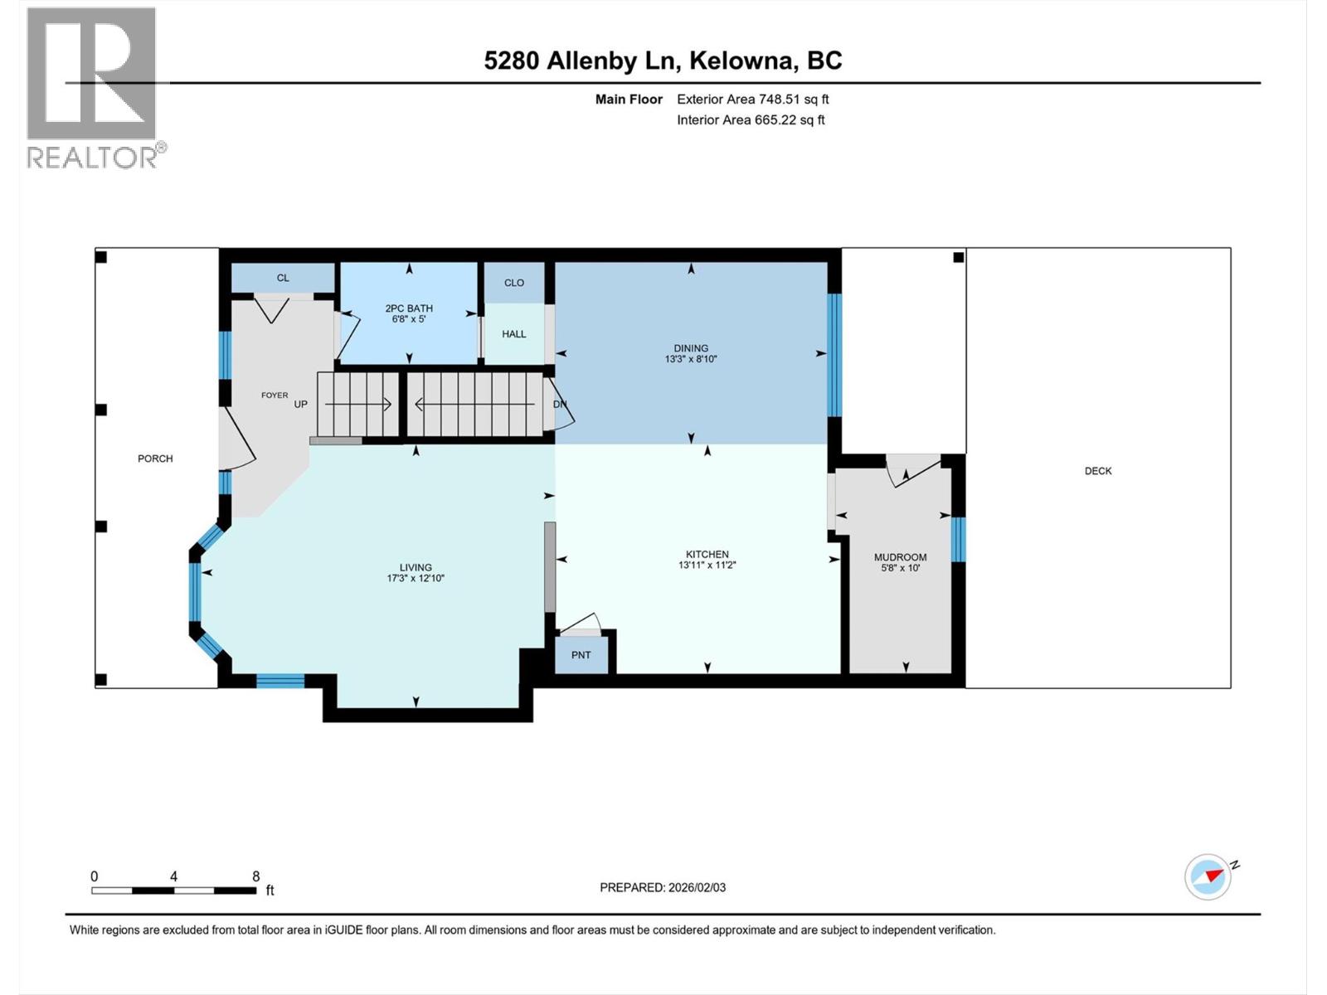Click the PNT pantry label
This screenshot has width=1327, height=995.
pos(581,655)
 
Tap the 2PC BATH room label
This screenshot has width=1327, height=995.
pos(409,308)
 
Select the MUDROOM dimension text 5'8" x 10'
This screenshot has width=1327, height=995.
pos(901,569)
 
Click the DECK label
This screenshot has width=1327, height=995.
pos(1097,471)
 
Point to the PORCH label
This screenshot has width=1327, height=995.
pos(155,459)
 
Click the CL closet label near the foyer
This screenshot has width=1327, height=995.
pos(283,278)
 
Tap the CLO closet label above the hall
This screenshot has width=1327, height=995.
pos(514,283)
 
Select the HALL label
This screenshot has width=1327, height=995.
pos(514,334)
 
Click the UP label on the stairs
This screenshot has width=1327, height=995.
pos(300,405)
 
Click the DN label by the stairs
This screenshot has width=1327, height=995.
pos(560,405)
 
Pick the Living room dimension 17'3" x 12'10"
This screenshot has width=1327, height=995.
pos(416,579)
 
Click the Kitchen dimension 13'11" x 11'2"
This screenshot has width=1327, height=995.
pos(707,565)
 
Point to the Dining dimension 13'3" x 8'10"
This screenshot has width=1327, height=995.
pos(691,360)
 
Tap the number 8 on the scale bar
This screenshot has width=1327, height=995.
pos(256,876)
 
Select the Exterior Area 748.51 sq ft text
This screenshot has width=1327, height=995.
pos(752,99)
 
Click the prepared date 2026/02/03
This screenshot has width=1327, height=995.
pos(696,887)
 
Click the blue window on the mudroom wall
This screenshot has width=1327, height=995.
pos(958,540)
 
